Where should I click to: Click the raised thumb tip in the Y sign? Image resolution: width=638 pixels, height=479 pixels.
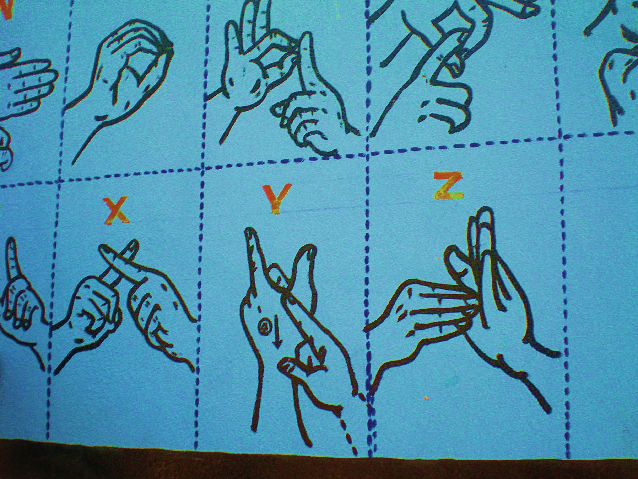pos(308,251)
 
